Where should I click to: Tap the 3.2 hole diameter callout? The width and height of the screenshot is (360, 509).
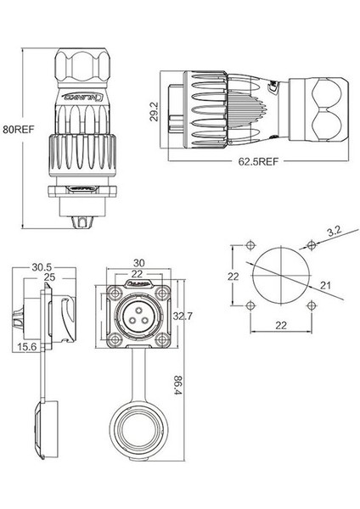[x=335, y=228]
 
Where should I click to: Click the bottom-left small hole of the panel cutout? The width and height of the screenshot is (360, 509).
[x=250, y=307]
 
